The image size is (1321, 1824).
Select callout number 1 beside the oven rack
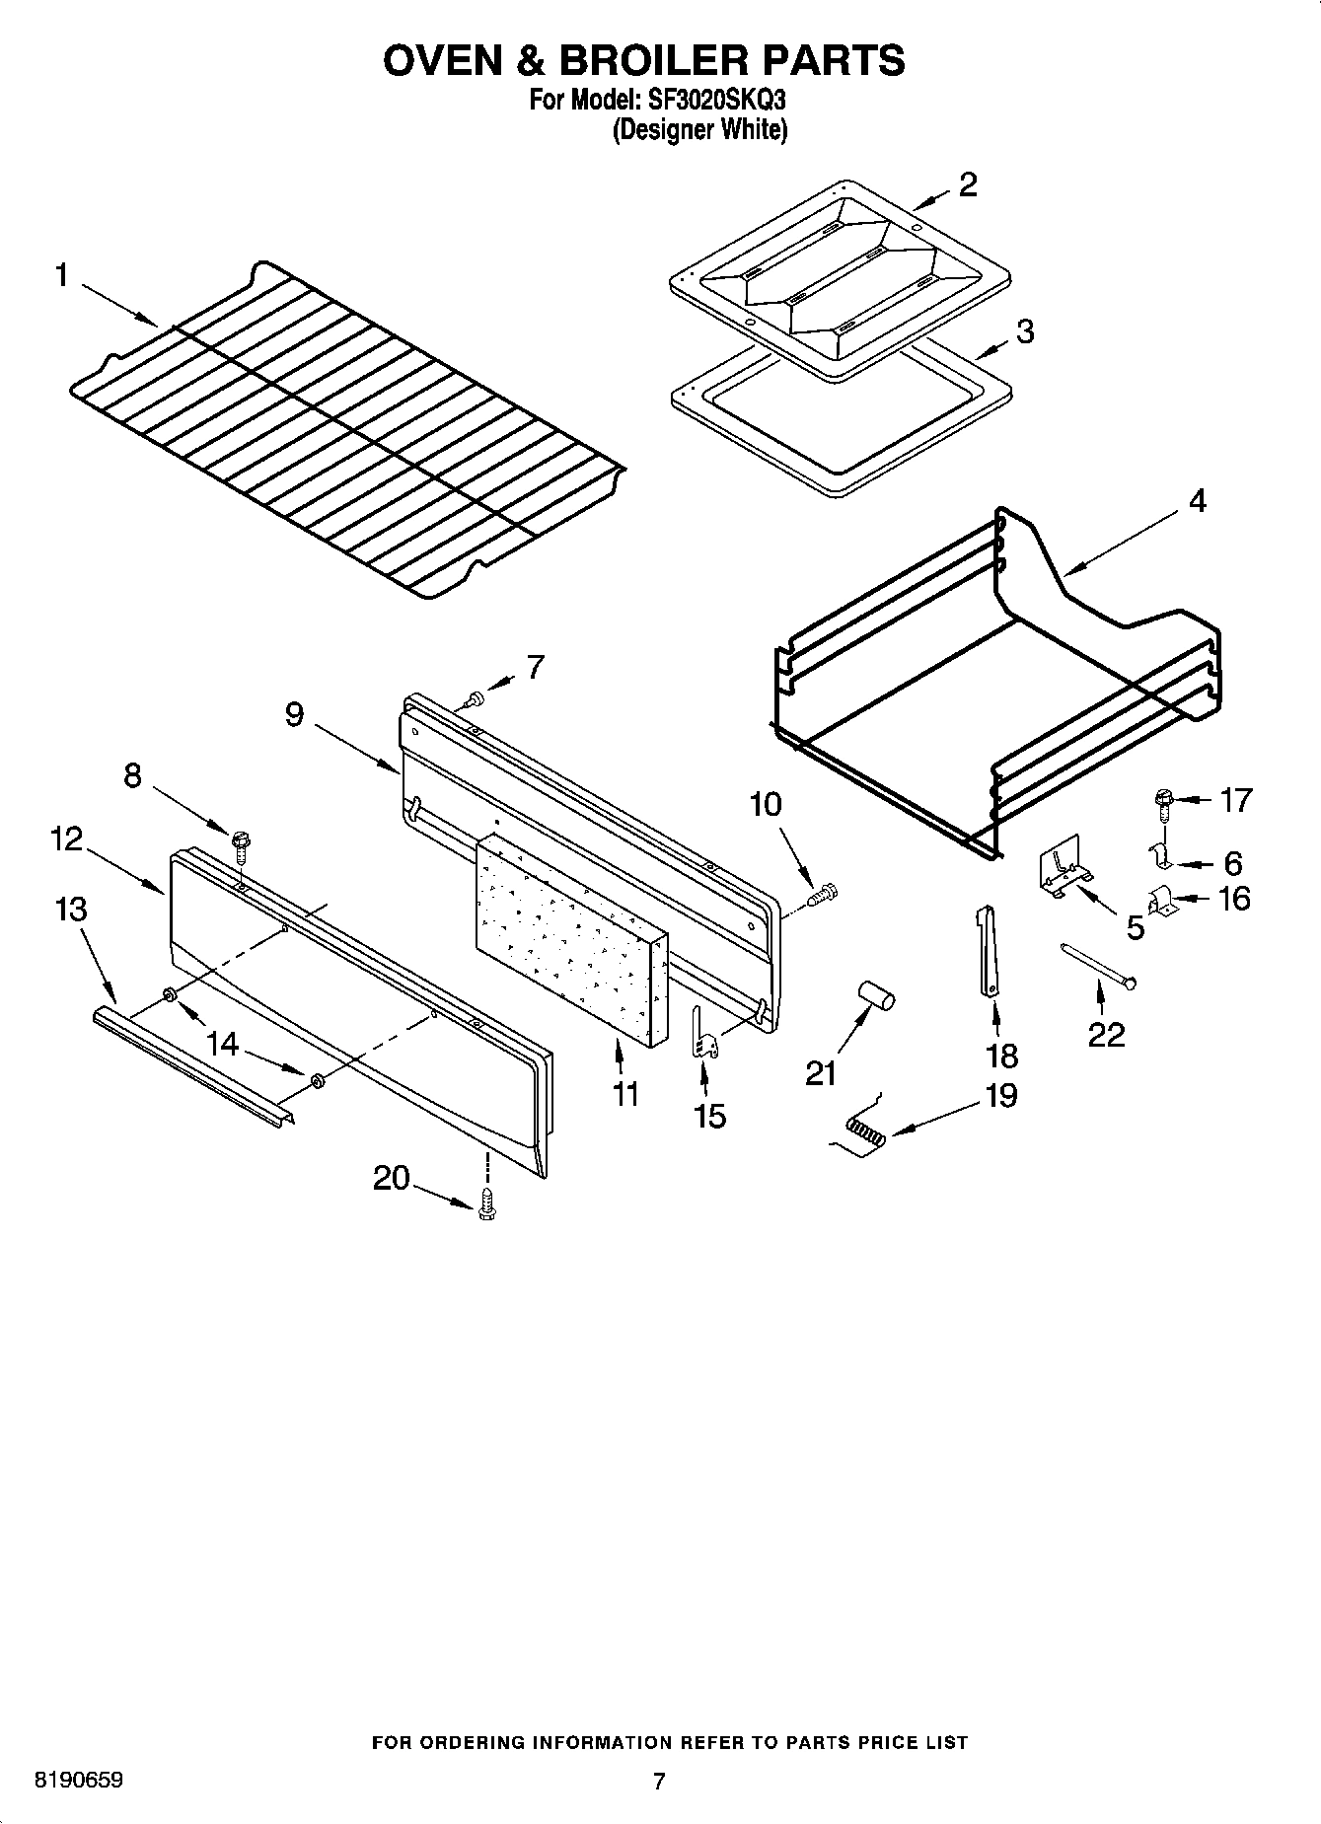(61, 275)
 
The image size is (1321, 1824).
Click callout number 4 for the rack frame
(1196, 501)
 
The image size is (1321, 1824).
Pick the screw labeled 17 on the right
(1163, 801)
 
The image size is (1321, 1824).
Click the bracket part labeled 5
(1063, 872)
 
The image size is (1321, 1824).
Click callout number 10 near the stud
(766, 804)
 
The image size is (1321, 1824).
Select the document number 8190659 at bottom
(79, 1780)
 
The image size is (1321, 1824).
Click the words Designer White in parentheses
(699, 129)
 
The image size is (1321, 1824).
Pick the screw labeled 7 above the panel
(476, 699)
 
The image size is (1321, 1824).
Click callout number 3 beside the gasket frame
(1025, 331)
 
